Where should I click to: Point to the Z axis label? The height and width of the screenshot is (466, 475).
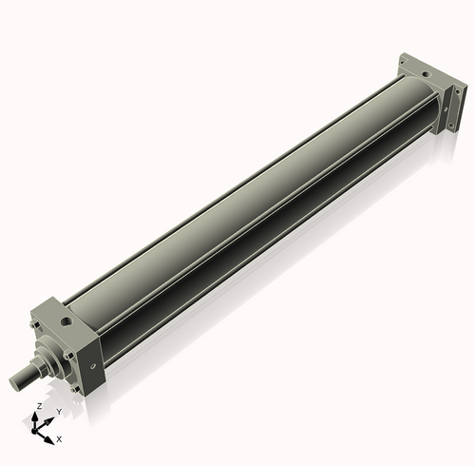[38, 406]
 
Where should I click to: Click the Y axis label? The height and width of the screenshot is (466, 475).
[58, 412]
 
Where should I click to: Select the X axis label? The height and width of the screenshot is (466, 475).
[59, 439]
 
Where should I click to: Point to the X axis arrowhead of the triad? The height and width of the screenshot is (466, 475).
[51, 438]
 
